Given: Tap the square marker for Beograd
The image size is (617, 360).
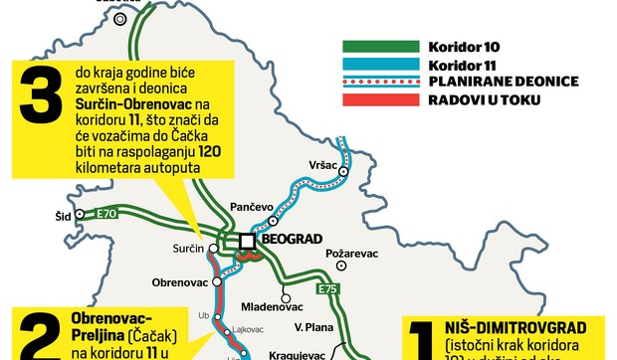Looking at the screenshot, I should point(247,241).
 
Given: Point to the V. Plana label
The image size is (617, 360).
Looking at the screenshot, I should point(312,324).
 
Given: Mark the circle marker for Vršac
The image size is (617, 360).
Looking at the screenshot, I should point(342,171).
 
